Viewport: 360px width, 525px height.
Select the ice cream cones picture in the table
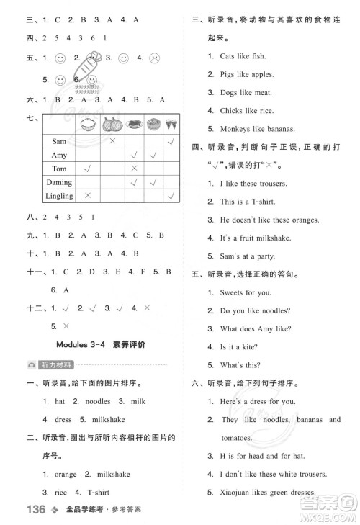coord(171,123)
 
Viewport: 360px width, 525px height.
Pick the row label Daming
coord(59,182)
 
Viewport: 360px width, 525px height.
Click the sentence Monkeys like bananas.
coord(248,129)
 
